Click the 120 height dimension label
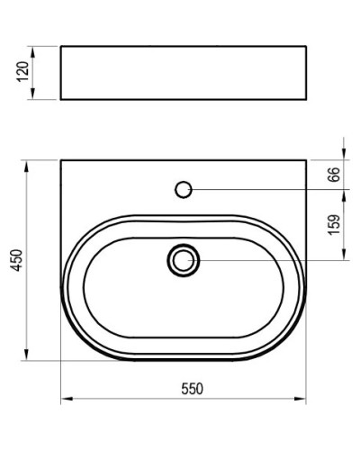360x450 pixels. point(25,71)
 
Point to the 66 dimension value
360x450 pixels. point(334,175)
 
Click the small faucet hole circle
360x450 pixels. point(184,189)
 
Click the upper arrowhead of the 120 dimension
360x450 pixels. point(33,48)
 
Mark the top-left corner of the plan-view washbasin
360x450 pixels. point(60,160)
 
